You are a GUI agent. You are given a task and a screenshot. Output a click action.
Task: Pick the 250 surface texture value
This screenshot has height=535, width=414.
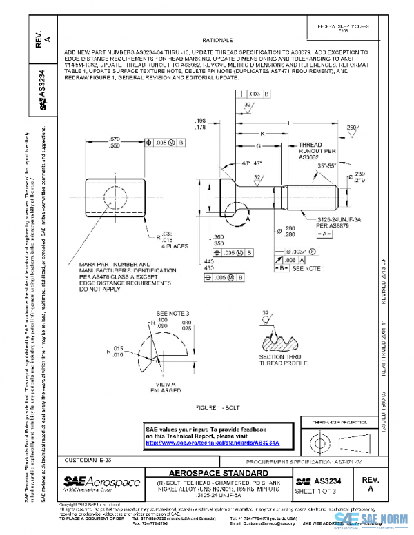[x=351, y=128]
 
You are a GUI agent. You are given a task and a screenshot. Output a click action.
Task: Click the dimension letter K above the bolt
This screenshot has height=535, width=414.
[x=262, y=134]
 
